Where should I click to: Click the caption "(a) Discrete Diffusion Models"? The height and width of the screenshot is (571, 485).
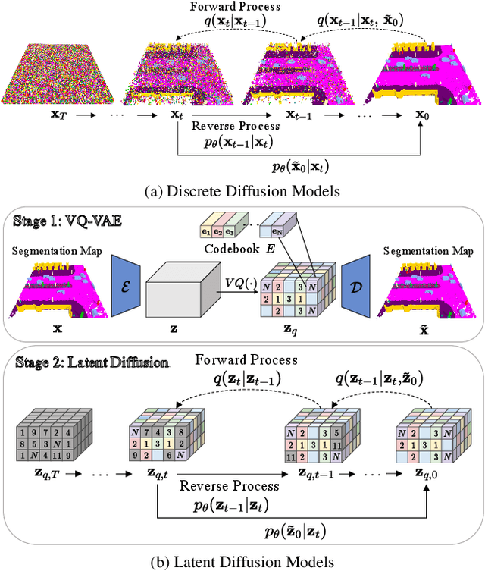241,190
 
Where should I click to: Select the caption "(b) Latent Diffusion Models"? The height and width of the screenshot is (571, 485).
242,561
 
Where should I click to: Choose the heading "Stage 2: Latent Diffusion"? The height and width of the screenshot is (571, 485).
91,362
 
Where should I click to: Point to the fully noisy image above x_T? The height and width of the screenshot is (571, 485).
47,73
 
